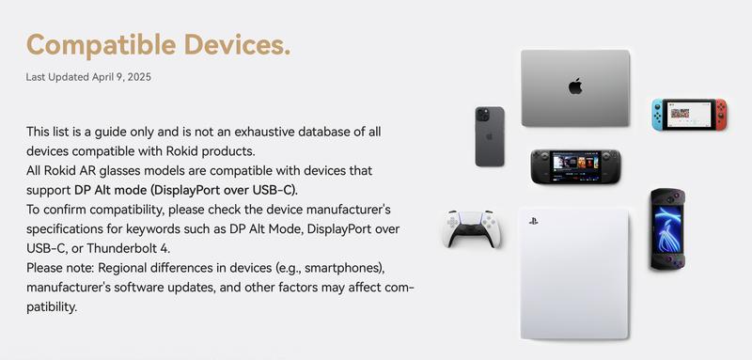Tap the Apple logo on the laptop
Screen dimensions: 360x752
click(575, 86)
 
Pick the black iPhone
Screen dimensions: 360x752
click(489, 136)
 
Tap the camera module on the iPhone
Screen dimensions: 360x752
click(483, 116)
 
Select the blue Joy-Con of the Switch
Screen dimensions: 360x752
click(657, 115)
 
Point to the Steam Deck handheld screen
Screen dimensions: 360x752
click(573, 165)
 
